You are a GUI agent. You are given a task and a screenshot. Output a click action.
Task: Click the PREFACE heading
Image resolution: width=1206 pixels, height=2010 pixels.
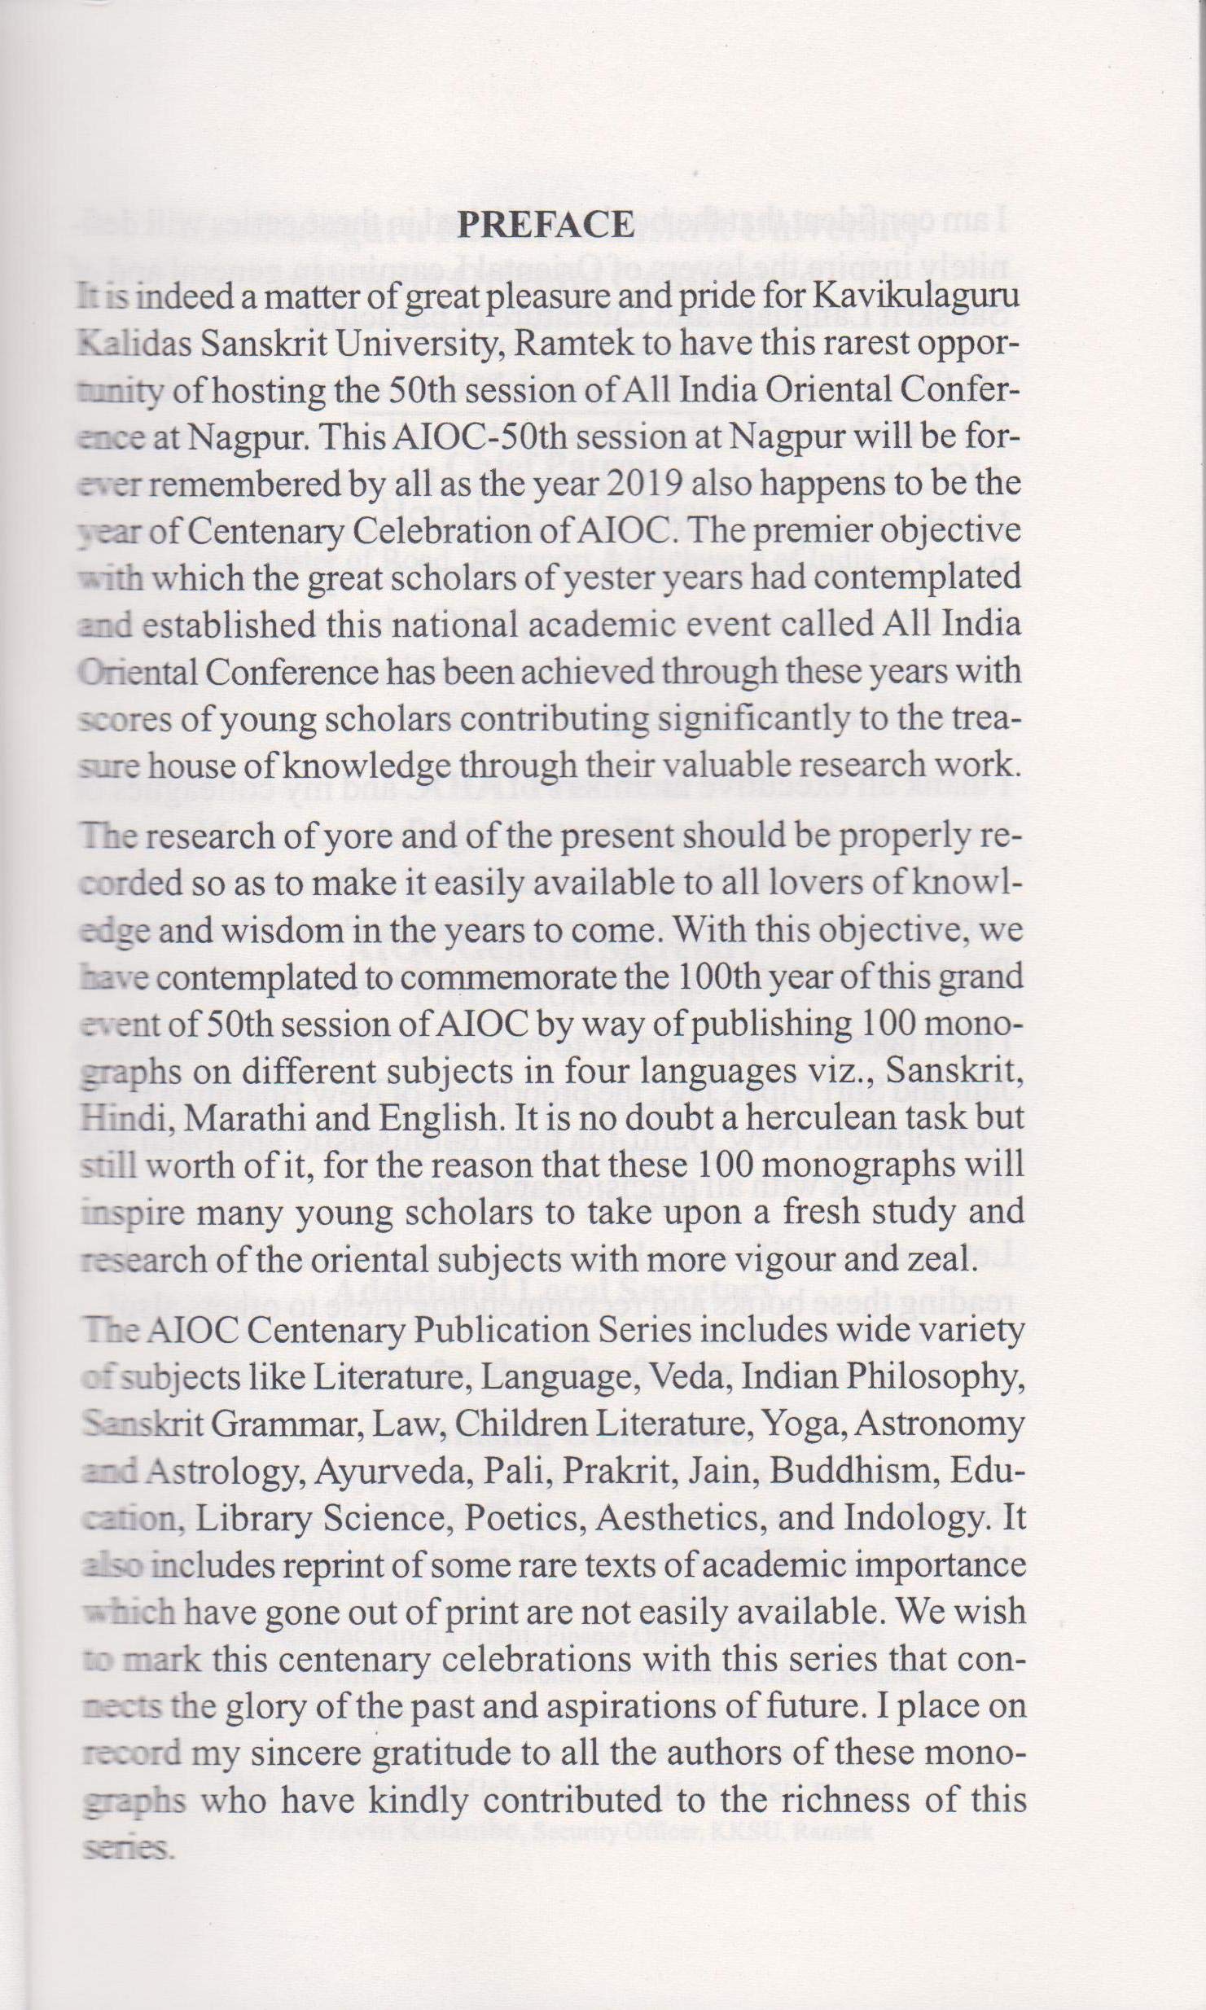[x=546, y=224]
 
